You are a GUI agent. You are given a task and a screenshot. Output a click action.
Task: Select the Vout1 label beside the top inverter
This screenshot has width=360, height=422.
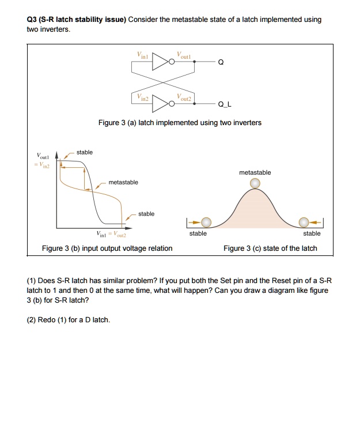[x=184, y=55]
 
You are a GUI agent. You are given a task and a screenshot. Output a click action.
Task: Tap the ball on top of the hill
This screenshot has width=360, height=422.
[x=255, y=183]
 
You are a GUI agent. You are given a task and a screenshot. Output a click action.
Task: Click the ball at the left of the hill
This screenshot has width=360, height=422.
[x=206, y=222]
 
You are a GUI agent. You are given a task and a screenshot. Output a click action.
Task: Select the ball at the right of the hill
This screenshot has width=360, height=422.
[x=304, y=222]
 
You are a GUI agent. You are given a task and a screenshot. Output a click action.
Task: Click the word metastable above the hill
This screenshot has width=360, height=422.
[x=255, y=172]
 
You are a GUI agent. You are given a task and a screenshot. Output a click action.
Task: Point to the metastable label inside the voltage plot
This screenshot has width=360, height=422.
[x=123, y=182]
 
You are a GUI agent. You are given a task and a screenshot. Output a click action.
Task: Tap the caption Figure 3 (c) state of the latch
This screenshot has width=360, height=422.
[x=270, y=248]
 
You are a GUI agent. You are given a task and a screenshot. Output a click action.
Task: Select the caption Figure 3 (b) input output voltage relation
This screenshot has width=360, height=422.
[x=107, y=248]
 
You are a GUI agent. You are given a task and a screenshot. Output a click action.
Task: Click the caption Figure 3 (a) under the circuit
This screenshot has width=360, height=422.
[x=180, y=122]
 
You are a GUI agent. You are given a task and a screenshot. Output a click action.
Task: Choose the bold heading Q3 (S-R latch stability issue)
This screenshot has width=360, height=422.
[x=77, y=20]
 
